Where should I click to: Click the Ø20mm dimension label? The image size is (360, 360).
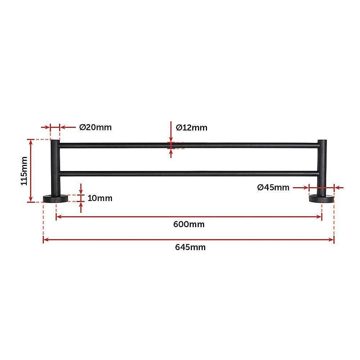pyautogui.click(x=95, y=127)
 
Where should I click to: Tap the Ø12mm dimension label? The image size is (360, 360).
pyautogui.click(x=192, y=127)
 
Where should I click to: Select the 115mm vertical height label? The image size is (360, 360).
pyautogui.click(x=24, y=171)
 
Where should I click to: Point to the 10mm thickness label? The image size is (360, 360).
pyautogui.click(x=100, y=198)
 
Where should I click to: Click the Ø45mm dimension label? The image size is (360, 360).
pyautogui.click(x=273, y=187)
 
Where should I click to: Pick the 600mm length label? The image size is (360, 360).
pyautogui.click(x=189, y=224)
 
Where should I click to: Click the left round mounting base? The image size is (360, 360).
pyautogui.click(x=55, y=198)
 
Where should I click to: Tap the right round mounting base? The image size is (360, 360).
pyautogui.click(x=321, y=198)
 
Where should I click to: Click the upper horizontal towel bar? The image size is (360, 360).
pyautogui.click(x=187, y=145)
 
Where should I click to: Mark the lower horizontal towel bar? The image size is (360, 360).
pyautogui.click(x=187, y=174)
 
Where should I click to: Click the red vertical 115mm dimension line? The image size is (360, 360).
pyautogui.click(x=31, y=171)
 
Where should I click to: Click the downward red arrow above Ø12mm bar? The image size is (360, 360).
pyautogui.click(x=171, y=137)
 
